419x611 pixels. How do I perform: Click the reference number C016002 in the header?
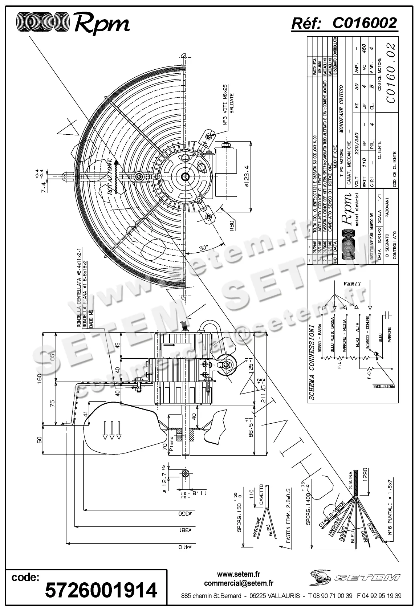pyautogui.click(x=365, y=23)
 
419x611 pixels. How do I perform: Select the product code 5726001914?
pyautogui.click(x=101, y=590)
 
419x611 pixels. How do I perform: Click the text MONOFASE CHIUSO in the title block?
pyautogui.click(x=342, y=111)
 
